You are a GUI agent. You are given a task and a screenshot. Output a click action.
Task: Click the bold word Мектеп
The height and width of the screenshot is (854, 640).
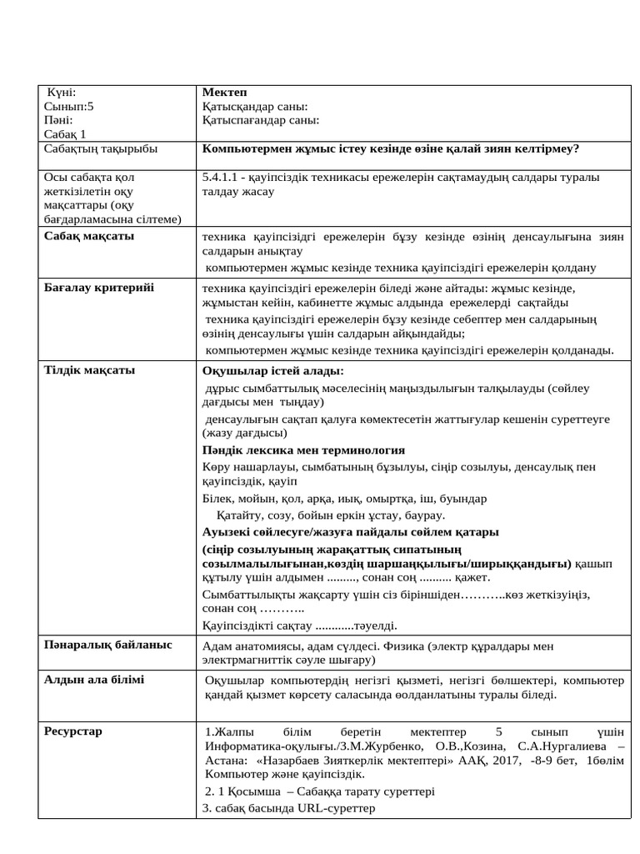224,92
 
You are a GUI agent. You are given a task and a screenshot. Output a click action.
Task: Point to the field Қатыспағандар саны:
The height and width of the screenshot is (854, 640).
260,120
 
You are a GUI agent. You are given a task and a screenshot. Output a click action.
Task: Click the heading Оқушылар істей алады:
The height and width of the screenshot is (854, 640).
272,371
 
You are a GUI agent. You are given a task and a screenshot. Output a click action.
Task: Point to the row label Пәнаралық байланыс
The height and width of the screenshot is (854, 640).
107,645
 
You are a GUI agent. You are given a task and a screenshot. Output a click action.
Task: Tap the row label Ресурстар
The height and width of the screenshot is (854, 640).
73,731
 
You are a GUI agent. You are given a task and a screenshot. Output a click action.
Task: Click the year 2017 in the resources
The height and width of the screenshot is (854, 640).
472,761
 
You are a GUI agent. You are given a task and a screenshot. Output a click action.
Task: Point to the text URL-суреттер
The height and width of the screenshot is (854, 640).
336,808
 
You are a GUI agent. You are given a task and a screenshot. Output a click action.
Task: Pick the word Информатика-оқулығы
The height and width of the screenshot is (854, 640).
257,746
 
